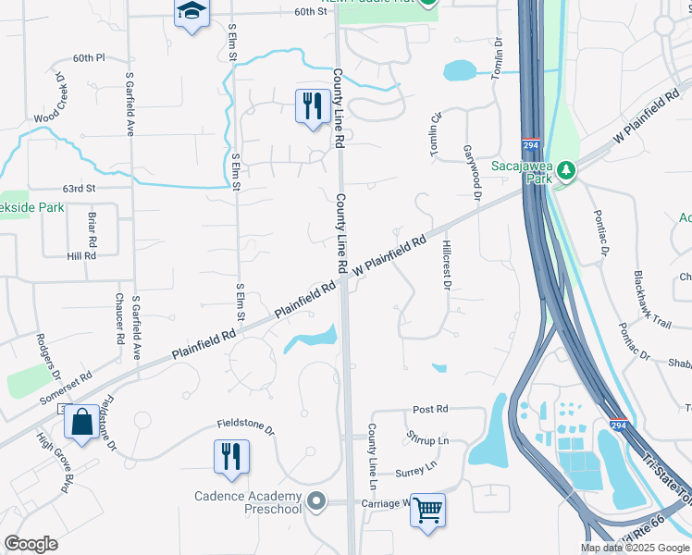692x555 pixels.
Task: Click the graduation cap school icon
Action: pyautogui.click(x=192, y=12)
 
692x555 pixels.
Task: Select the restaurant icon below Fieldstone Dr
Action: pyautogui.click(x=230, y=455)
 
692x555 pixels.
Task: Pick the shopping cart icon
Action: pyautogui.click(x=427, y=509)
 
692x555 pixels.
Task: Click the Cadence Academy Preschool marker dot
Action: pyautogui.click(x=317, y=502)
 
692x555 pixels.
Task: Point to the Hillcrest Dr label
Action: pyautogui.click(x=445, y=266)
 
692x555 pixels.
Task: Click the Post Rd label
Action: pyautogui.click(x=430, y=409)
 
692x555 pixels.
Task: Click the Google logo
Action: pyautogui.click(x=31, y=544)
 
